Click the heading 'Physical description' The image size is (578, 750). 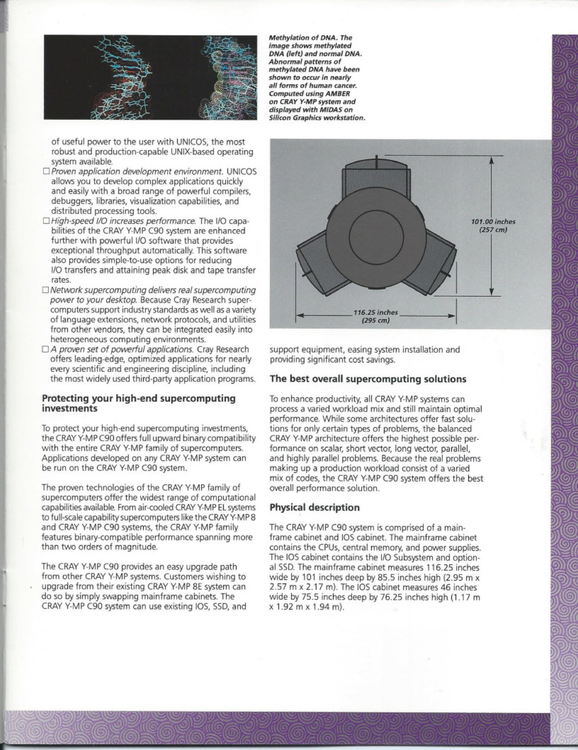(315, 507)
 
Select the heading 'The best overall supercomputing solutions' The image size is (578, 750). (368, 379)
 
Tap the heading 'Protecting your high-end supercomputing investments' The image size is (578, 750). (139, 403)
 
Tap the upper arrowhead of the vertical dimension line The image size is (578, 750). (491, 160)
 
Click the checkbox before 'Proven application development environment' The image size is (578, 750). (45, 172)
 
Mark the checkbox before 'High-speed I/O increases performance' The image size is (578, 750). (45, 221)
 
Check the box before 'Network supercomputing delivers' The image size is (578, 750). (45, 290)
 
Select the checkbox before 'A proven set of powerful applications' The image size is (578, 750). (45, 349)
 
